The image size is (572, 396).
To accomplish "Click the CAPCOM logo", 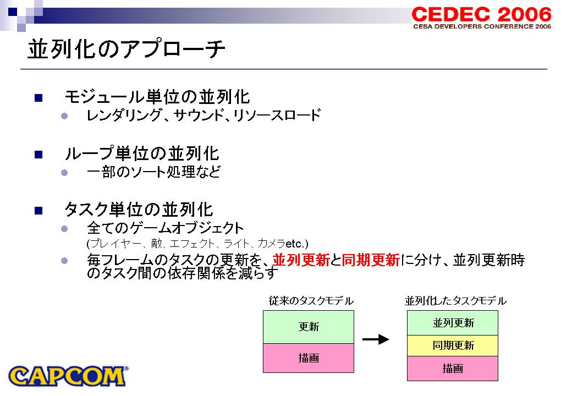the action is pos(68,376).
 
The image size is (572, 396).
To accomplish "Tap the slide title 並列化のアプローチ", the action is pos(126,50).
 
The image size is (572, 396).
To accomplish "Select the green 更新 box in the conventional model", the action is pos(309,327).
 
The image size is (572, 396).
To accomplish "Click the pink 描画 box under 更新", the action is pos(309,358).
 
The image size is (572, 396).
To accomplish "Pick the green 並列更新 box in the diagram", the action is pos(453,323).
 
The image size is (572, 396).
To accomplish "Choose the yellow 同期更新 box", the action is pos(453,346).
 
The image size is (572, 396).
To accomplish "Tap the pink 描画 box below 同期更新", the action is pos(453,369).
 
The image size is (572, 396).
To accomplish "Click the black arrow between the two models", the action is pos(376,339).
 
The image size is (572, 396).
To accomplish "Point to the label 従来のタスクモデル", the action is pos(311,301).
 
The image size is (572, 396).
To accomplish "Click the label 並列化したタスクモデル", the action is pos(455,301).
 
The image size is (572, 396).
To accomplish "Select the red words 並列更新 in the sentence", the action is pos(301,260).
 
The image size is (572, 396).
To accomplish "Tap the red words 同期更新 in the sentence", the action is pos(371,260).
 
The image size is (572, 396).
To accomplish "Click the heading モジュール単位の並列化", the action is pos(157,97).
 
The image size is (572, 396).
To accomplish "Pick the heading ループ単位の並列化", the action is pos(142,153).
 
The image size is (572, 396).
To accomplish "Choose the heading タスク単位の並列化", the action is pos(139,210).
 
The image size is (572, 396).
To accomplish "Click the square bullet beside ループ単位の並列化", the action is pos(38,155).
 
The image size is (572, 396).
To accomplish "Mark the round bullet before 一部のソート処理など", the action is pos(64,173).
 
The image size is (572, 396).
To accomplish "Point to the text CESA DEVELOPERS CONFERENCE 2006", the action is pos(482,26).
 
